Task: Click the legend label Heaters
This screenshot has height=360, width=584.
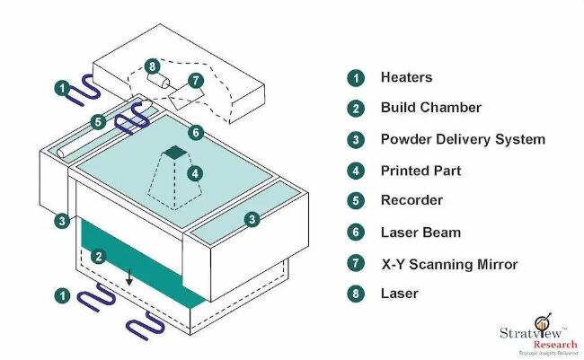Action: coord(406,77)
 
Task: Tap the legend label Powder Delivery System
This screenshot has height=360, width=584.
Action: coord(462,139)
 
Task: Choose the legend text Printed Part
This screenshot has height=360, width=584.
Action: coord(420,170)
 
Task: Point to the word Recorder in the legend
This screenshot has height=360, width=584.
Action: coord(411,200)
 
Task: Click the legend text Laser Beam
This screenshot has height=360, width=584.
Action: coord(420,233)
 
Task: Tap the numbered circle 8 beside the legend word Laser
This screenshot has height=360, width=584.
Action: coord(357,294)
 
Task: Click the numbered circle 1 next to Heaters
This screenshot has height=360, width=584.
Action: coord(357,77)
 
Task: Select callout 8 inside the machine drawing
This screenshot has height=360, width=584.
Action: coord(152,66)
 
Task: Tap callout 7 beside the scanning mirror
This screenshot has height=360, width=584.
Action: coord(195,81)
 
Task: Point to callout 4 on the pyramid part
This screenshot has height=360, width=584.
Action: coord(195,172)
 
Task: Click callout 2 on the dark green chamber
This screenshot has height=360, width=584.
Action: coord(100,256)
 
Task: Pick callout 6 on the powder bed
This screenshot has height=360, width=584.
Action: coord(196,132)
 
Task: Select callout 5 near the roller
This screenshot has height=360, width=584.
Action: coord(97,121)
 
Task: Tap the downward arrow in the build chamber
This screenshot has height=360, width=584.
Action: coord(129,277)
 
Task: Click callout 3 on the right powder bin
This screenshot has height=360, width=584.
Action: coord(254,218)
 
